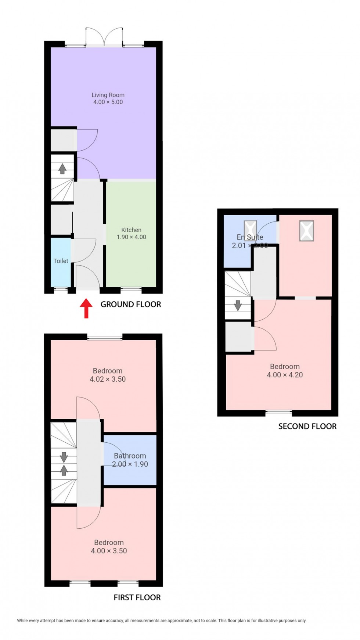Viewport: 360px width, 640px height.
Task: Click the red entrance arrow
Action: pos(86,308)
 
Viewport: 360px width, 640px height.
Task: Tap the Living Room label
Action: pos(108,95)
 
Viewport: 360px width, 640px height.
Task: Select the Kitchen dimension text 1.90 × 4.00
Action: pos(132,237)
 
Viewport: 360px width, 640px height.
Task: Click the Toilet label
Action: pos(61,261)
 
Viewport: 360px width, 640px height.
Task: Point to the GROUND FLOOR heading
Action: pos(131,304)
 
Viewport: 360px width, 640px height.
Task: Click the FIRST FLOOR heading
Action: pos(137,597)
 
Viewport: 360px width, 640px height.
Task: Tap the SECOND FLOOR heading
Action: pos(307,426)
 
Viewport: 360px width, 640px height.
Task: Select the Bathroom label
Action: pos(130,456)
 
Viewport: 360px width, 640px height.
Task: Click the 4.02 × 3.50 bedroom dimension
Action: pos(108,379)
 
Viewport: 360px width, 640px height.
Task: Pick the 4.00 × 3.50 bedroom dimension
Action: pos(109,551)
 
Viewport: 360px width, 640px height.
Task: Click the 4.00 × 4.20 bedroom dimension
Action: pos(285,375)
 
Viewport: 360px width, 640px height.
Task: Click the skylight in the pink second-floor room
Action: pos(306,231)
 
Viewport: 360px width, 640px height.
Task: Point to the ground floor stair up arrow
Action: pos(62,169)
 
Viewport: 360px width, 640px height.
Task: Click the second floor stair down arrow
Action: pos(238,305)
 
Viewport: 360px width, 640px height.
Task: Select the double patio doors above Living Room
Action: pos(104,37)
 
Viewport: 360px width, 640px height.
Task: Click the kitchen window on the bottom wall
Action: pos(131,289)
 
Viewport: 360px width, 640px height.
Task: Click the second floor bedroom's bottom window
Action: pos(279,412)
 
